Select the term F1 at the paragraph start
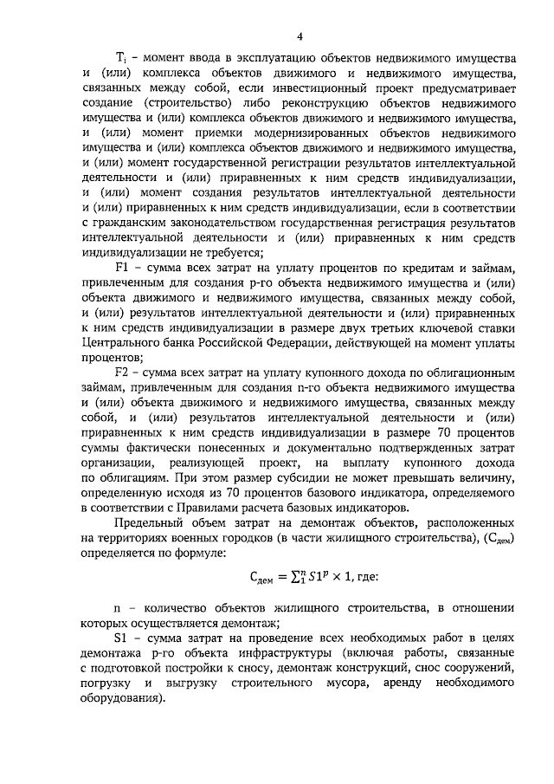[120, 270]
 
